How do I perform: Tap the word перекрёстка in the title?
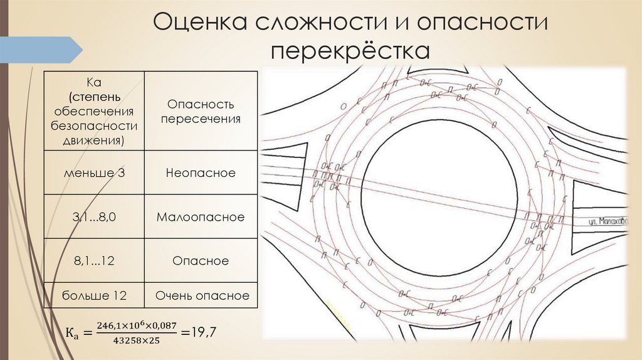350,51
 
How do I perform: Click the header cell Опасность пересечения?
201,111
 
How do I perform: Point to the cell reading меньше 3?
94,172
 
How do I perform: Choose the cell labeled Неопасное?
201,172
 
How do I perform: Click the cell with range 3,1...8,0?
94,216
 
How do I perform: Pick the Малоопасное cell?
201,216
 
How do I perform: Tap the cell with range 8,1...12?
94,260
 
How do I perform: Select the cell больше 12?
94,295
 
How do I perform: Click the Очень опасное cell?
201,295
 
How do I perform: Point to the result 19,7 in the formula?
203,332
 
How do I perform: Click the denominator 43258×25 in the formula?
137,341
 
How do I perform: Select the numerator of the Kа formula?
137,326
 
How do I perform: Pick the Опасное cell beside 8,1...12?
201,260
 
